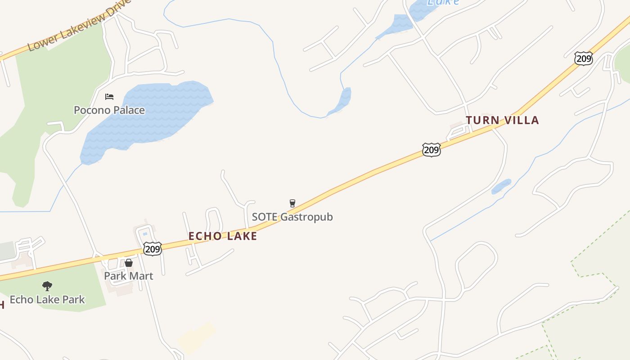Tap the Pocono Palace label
pos(109,110)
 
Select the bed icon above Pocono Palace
pos(109,97)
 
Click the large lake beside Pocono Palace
pos(148,117)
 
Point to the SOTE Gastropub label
pos(292,217)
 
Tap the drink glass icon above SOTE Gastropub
pos(292,203)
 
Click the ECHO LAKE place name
pos(223,236)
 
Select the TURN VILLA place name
pos(502,120)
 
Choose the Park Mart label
pos(129,276)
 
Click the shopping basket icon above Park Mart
pos(129,263)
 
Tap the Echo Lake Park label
pos(47,300)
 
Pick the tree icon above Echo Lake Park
pos(47,286)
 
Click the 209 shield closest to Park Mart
pos(153,248)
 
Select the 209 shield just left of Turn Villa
pos(431,149)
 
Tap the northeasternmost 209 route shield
pos(583,58)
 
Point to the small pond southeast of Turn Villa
pos(501,186)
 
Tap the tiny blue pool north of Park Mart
pos(144,234)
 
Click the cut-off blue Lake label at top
pos(443,2)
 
